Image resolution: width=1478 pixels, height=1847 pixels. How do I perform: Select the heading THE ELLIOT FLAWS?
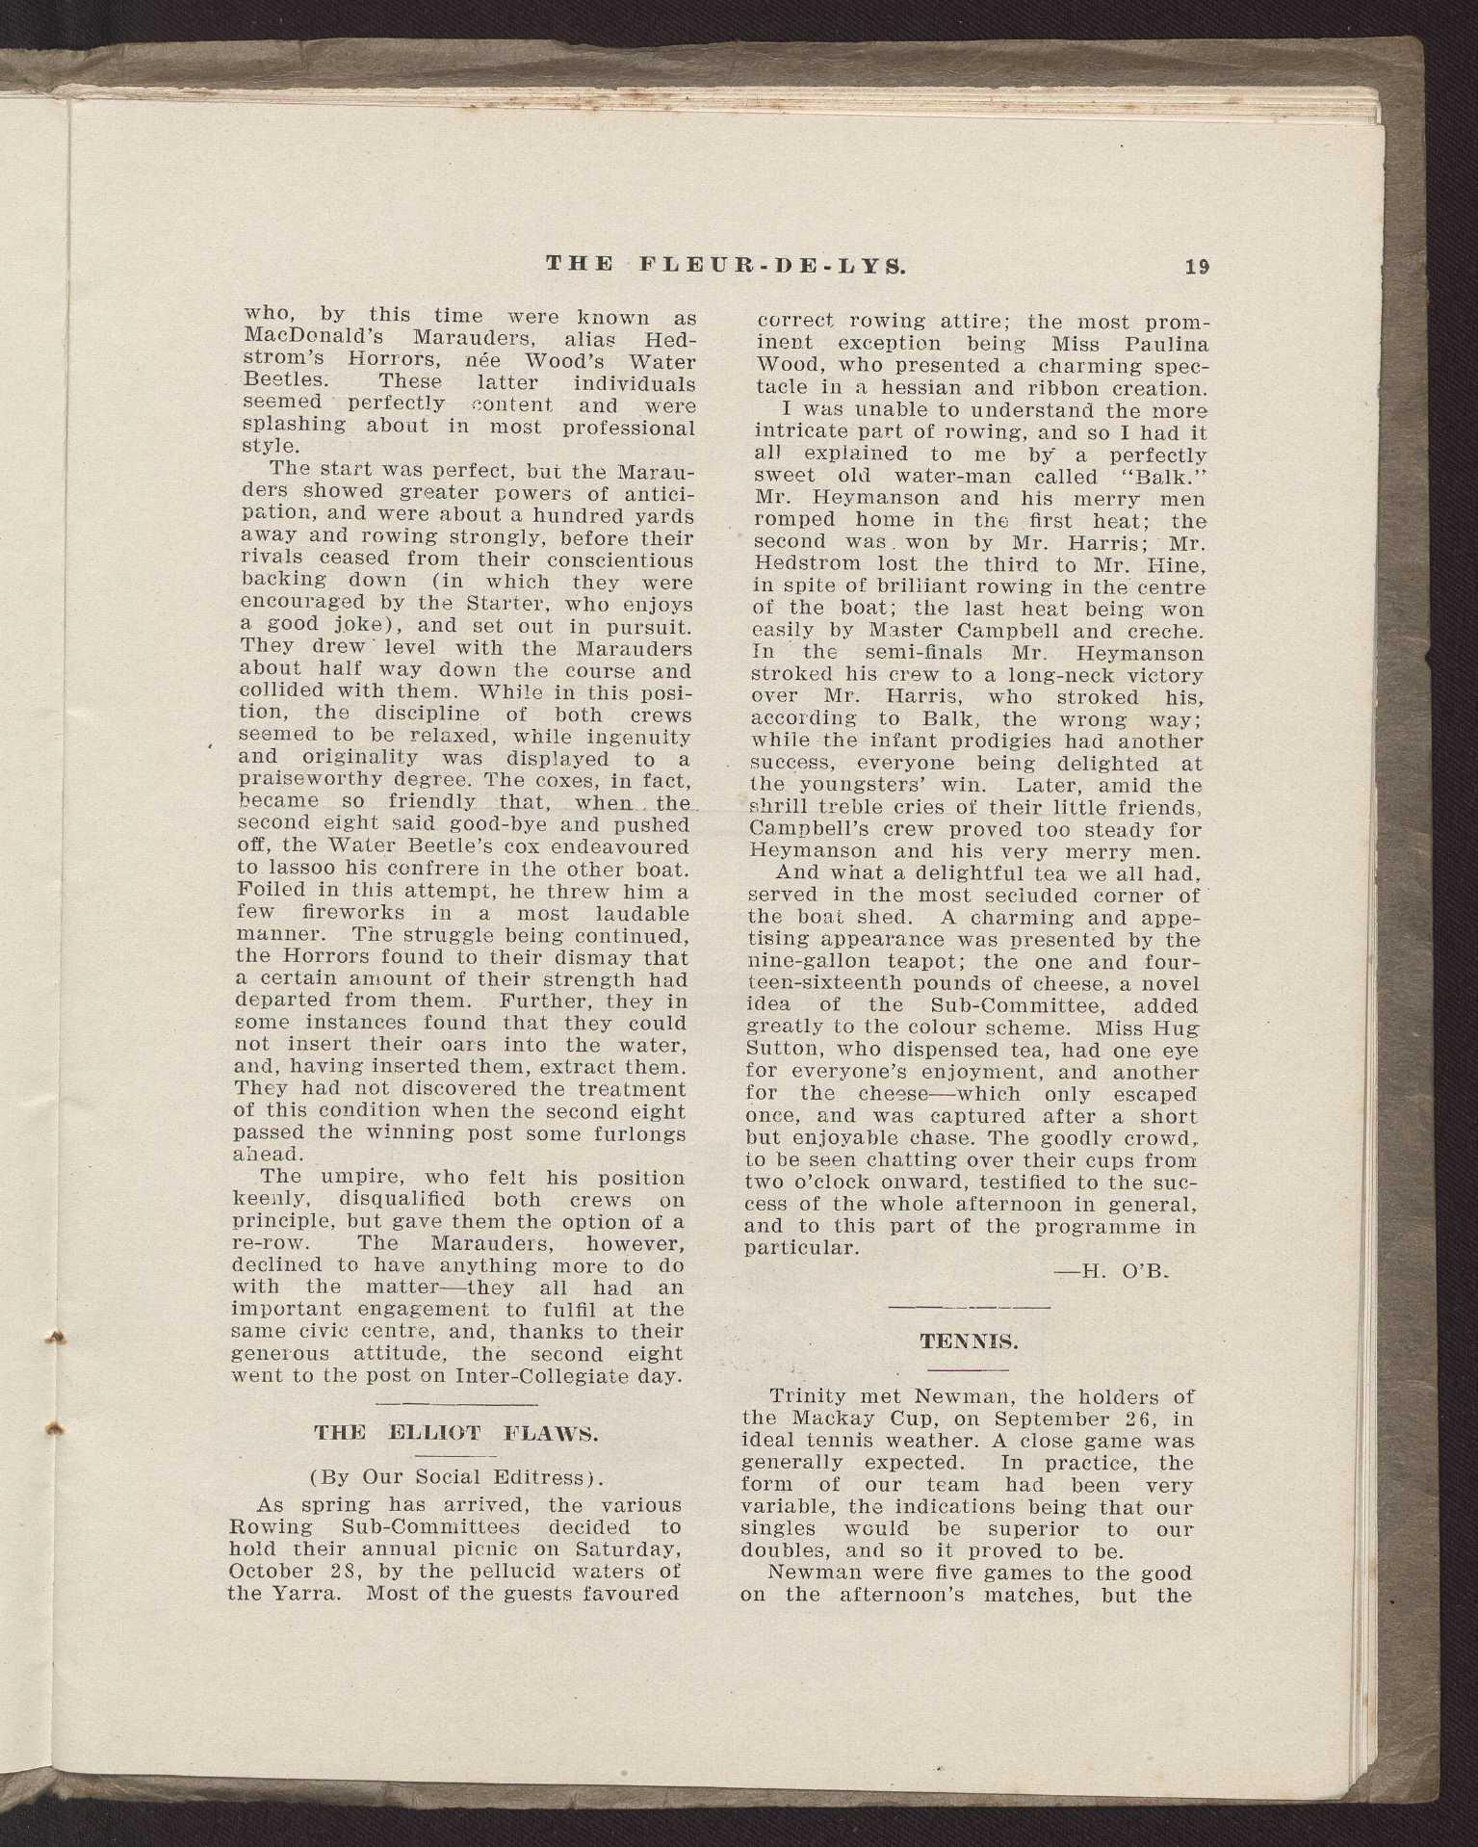click(x=456, y=1433)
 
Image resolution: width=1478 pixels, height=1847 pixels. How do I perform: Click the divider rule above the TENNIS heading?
click(x=968, y=1307)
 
